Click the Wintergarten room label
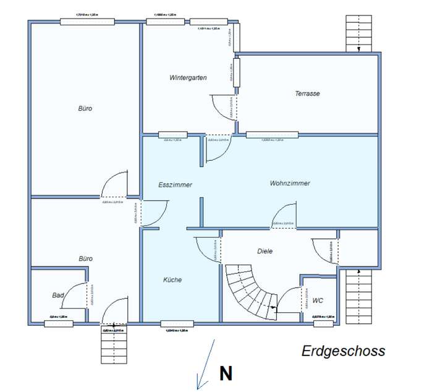188,78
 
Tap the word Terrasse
307,94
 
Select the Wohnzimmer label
290,184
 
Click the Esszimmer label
175,185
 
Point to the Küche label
172,280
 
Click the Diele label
265,251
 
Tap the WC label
318,301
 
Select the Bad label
58,296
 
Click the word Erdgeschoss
343,351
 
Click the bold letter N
226,373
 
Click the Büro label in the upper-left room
85,109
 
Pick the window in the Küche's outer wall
177,323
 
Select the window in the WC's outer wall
323,323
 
